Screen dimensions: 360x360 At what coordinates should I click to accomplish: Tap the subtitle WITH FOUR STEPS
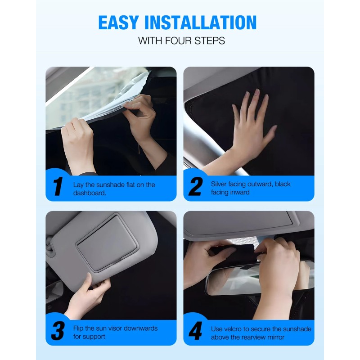181,41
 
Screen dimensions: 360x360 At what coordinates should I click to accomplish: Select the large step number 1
58,187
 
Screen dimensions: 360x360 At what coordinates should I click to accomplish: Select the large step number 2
195,187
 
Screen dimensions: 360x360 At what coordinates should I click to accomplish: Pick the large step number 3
58,331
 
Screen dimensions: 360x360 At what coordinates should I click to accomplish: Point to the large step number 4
195,331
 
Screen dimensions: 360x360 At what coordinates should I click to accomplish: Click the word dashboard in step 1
90,192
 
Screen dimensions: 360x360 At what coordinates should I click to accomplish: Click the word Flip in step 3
79,328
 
